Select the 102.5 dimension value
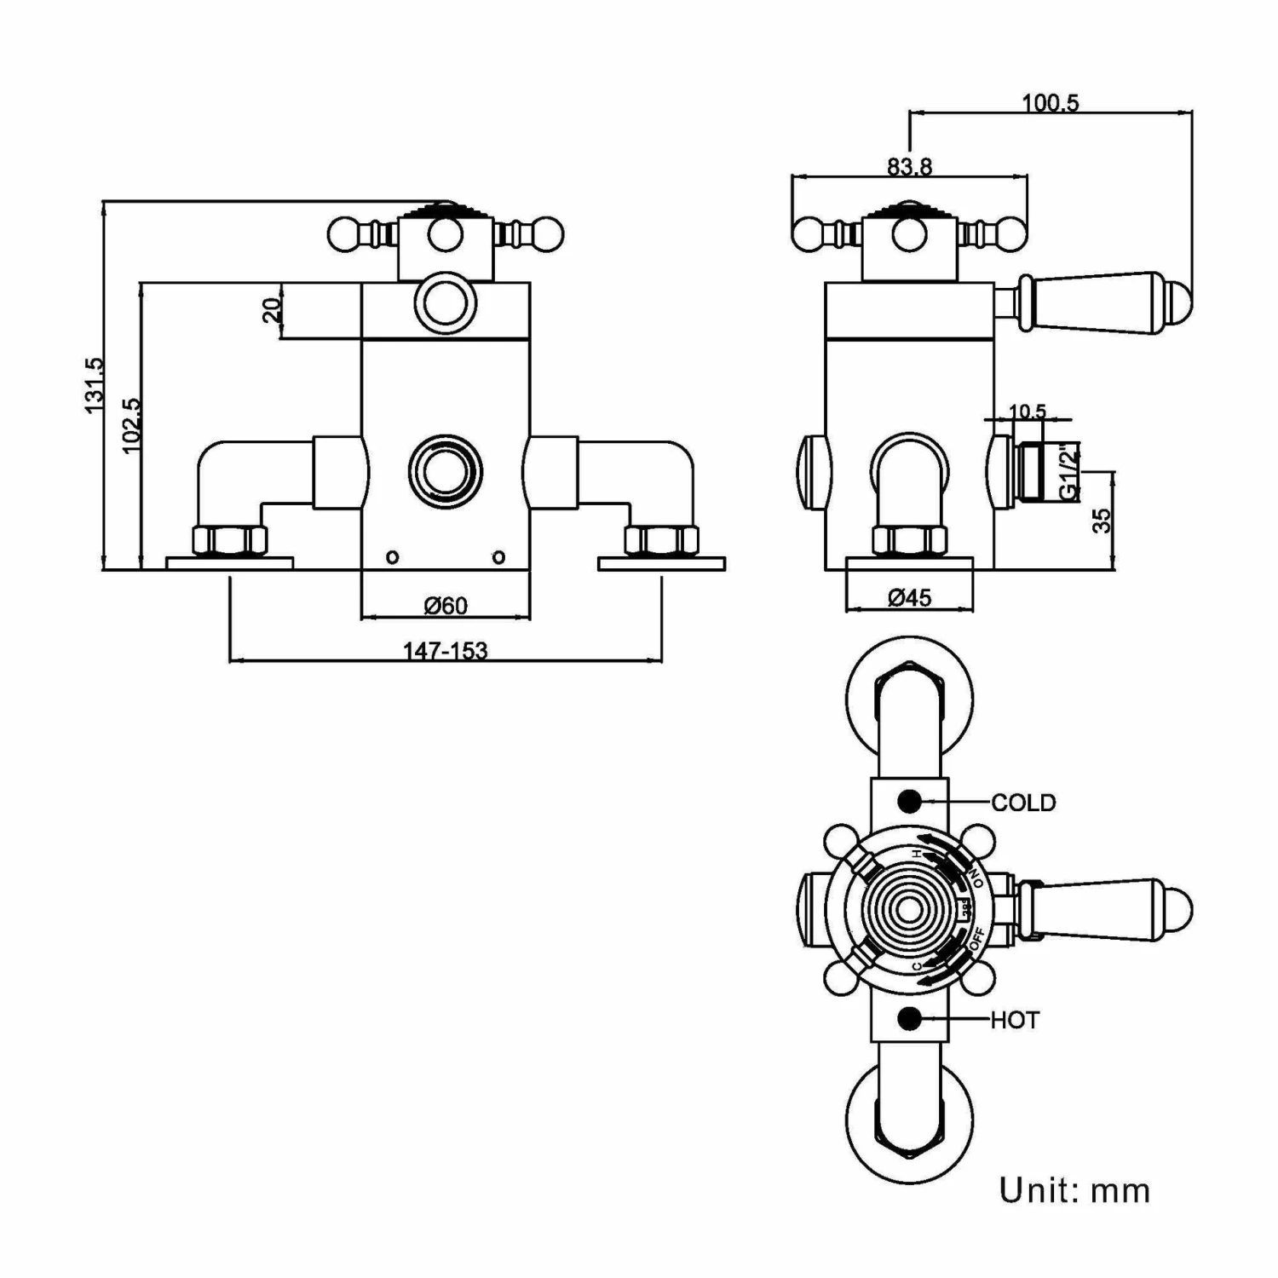pos(130,425)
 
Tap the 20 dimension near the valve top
pos(272,310)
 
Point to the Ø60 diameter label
pos(446,606)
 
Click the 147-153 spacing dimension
pos(445,651)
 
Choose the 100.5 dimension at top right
pos(1050,103)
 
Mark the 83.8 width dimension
pos(909,167)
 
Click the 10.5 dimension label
pos(1027,412)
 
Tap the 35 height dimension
pos(1102,520)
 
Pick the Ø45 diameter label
pos(909,598)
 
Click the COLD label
pos(1023,803)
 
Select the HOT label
pos(1015,1020)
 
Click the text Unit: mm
pos(1074,1190)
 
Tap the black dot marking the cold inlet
pos(909,802)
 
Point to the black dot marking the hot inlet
pos(909,1018)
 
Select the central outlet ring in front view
pos(445,471)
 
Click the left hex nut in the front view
pos(229,540)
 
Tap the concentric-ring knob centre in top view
pos(909,910)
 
